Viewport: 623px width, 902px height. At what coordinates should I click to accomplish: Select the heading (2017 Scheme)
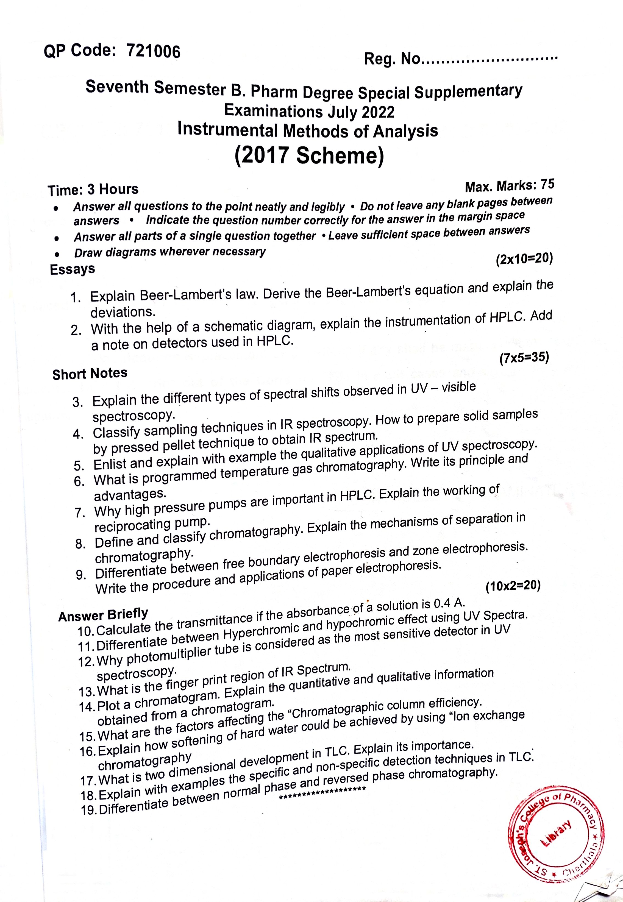[x=309, y=156]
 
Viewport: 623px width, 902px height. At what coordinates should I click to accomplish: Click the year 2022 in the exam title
[x=378, y=112]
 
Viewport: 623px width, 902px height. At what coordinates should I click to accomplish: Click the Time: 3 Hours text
[x=93, y=190]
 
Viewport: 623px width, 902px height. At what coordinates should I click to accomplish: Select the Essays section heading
[x=73, y=269]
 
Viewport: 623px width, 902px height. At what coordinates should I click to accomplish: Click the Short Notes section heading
[x=90, y=374]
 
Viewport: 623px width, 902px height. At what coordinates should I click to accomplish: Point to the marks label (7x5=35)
[x=524, y=357]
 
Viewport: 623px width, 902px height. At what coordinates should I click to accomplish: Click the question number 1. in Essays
[x=76, y=298]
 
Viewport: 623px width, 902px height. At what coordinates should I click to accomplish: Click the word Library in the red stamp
[x=556, y=836]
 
